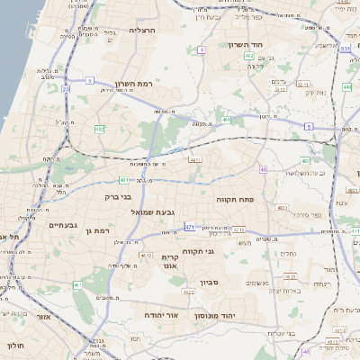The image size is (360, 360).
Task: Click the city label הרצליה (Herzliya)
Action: coord(142,30)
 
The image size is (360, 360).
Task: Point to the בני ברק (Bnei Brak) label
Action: coord(119,195)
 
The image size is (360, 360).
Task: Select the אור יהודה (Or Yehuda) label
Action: coord(162,316)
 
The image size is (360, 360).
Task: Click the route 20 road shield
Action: coord(66,88)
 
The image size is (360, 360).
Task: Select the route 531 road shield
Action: coord(346,49)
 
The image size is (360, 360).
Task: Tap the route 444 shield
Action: coord(346,87)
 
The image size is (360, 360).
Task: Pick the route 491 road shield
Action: coord(229,119)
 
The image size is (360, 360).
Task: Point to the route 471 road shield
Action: coord(189,227)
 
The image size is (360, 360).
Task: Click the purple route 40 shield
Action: coord(263,169)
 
